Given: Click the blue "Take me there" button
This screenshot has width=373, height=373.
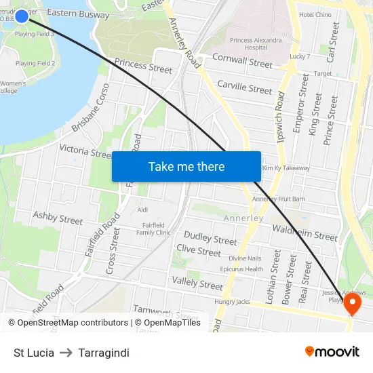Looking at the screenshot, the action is tap(186, 166).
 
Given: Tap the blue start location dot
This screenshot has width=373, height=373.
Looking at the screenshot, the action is tap(21, 16).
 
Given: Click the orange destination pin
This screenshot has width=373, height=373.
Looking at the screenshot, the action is tap(353, 302).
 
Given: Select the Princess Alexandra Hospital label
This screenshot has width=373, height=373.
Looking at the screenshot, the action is tap(256, 44).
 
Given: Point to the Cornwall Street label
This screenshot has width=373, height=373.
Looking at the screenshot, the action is tap(242, 61).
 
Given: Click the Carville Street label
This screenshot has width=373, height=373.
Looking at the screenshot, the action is tap(244, 87).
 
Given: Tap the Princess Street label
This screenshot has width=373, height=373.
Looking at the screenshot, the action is tap(143, 66).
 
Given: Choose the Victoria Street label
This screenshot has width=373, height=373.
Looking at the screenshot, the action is tap(85, 151).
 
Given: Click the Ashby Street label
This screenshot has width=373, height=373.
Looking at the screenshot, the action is tap(58, 218).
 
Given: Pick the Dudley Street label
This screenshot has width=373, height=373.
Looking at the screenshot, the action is tap(210, 239).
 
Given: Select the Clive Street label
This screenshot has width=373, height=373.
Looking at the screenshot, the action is tap(199, 251).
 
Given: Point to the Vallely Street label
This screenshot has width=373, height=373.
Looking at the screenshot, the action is tap(197, 284).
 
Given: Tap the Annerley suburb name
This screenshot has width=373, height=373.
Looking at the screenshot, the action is tap(243, 218).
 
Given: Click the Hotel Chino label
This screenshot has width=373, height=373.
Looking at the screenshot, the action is tap(315, 14).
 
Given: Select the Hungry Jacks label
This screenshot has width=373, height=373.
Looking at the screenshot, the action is tap(232, 302).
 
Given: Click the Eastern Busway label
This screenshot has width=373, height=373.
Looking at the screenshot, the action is tap(78, 14).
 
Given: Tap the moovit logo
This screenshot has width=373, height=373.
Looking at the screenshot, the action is tap(332, 352).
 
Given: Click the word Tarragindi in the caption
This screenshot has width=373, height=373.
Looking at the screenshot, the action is tap(104, 353).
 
